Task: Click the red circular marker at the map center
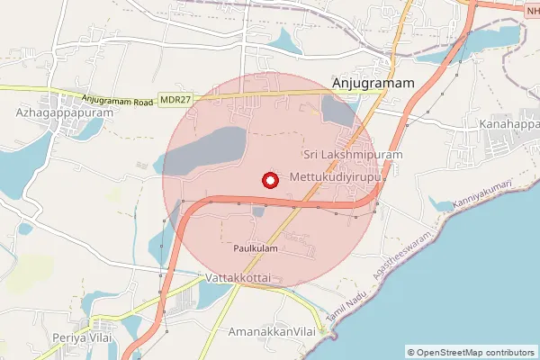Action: pyautogui.click(x=268, y=180)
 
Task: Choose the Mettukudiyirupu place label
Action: pyautogui.click(x=337, y=178)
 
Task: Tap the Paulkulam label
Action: pyautogui.click(x=256, y=247)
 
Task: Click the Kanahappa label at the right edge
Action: pyautogui.click(x=509, y=122)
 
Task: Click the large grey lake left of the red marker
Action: pyautogui.click(x=207, y=150)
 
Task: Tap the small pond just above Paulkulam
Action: pyautogui.click(x=258, y=212)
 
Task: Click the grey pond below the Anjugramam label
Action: pyautogui.click(x=337, y=112)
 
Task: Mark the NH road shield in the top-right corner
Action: pyautogui.click(x=531, y=8)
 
